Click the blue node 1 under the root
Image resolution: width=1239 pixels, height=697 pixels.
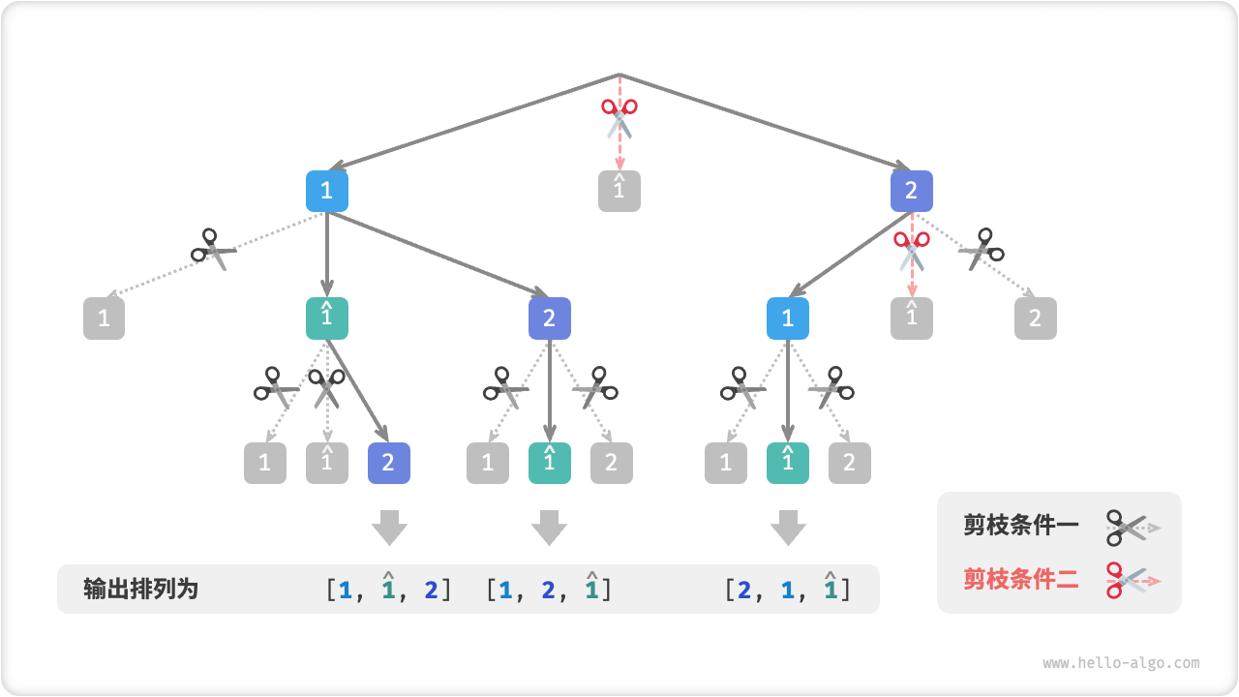point(327,191)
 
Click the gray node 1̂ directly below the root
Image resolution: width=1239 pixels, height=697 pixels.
point(619,191)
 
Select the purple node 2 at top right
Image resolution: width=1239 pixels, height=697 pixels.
point(911,191)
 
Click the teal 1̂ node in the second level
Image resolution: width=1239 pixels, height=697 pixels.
point(327,318)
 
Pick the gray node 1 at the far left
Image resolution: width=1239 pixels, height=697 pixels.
point(105,318)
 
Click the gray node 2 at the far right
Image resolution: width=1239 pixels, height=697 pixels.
point(1035,318)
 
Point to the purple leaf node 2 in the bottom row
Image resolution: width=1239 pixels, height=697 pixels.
point(389,463)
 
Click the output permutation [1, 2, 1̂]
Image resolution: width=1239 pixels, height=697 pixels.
point(549,589)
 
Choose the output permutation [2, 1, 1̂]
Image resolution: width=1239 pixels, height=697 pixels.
point(788,589)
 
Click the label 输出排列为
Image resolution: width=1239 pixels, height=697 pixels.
point(141,589)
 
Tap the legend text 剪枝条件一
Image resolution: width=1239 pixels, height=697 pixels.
point(1020,527)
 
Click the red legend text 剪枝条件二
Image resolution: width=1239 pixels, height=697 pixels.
point(1020,580)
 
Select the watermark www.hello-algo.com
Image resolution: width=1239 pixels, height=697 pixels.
point(1121,663)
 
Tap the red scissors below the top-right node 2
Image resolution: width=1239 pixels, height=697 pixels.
point(911,250)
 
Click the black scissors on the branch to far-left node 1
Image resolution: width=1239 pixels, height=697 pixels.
point(214,249)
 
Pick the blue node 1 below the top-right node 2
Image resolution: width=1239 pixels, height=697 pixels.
point(788,318)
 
